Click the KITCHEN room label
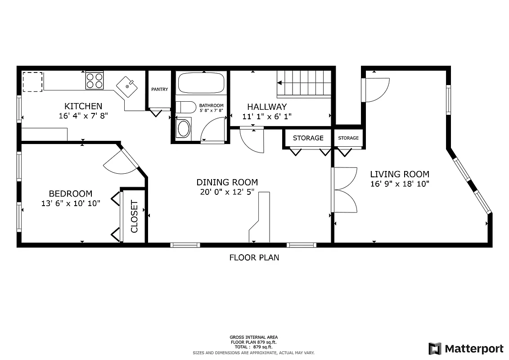pos(83,106)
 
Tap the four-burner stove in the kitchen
pos(95,81)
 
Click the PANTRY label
pos(159,90)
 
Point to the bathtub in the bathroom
pos(201,83)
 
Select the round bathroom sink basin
pos(184,129)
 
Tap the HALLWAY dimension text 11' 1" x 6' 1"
pos(267,116)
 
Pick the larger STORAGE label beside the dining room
pos(308,138)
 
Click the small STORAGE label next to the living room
pos(348,138)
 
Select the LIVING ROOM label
pos(399,174)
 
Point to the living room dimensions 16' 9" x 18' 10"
pos(399,184)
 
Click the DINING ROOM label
pos(227,182)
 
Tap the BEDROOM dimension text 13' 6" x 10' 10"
pos(70,203)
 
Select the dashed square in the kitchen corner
pos(32,81)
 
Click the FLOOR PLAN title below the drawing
pos(254,258)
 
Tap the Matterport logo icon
pos(435,348)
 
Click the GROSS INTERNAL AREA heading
pos(253,337)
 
